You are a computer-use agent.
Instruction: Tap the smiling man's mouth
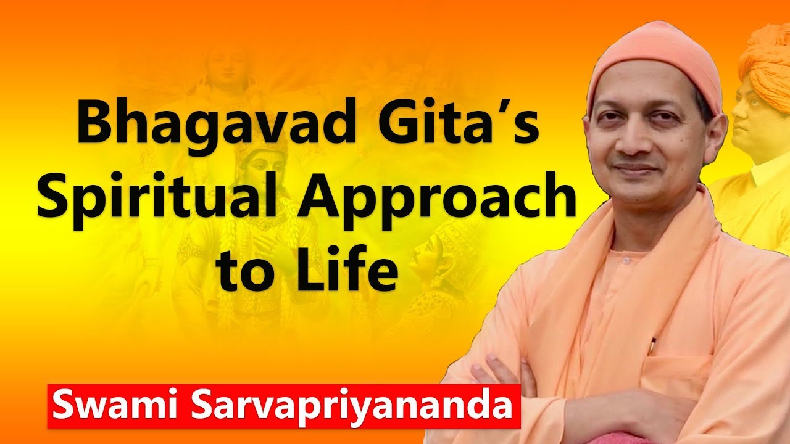click(x=636, y=168)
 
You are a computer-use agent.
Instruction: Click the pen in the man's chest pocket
click(x=652, y=345)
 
